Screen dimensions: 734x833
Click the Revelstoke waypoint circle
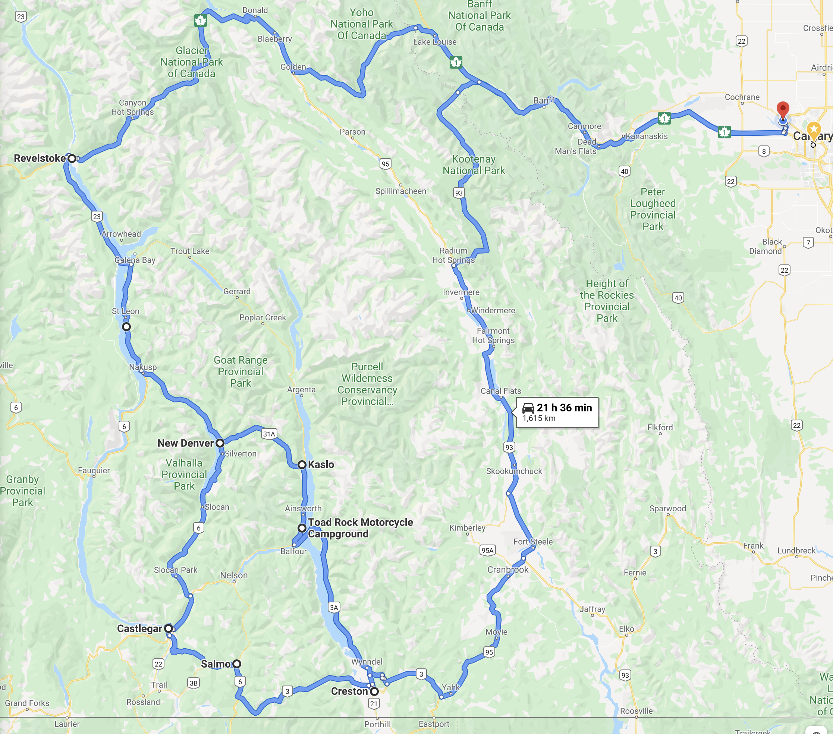72,158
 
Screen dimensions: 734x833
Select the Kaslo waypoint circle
302,465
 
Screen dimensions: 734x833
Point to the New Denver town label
185,443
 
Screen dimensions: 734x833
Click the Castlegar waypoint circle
168,628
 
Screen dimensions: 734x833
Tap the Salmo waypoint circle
236,664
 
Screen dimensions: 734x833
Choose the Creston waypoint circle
374,691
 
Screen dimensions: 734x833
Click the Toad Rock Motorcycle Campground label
360,528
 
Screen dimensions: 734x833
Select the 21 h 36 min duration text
564,408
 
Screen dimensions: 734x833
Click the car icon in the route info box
528,408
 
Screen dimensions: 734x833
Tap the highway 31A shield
269,434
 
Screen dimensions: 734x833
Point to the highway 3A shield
334,607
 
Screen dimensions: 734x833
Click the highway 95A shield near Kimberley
487,550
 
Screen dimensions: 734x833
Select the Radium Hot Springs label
453,255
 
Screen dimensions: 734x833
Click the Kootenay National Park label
474,164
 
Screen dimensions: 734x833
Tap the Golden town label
293,67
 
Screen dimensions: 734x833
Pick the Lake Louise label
435,41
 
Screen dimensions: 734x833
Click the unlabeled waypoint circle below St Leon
126,326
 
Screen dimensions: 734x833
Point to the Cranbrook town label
508,570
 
